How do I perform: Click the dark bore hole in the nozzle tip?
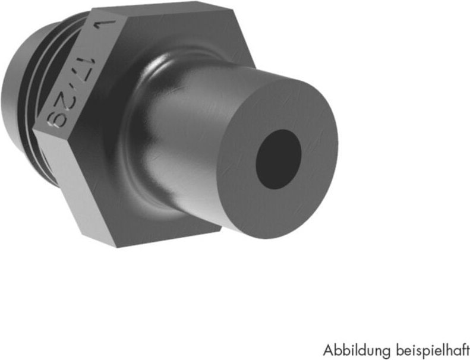[x=279, y=159]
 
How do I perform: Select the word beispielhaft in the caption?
[x=428, y=348]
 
